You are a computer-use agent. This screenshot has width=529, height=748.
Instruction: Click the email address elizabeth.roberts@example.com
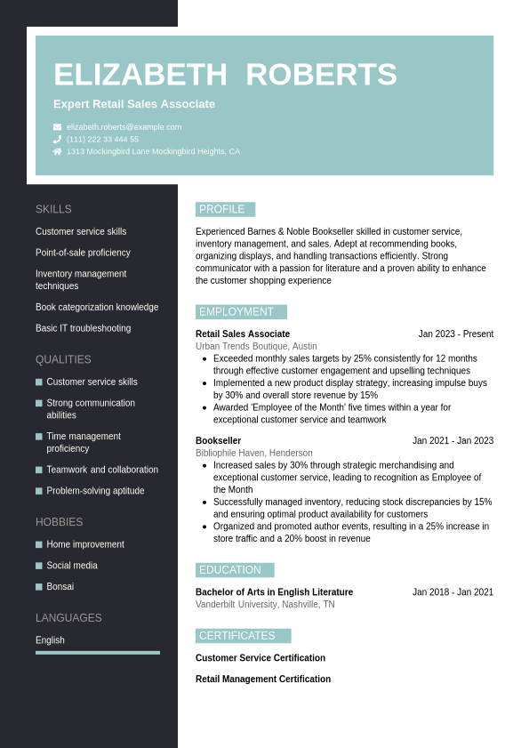click(x=124, y=127)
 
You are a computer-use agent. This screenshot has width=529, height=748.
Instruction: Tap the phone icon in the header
click(x=58, y=140)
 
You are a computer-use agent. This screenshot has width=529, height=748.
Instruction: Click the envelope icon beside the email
click(x=58, y=127)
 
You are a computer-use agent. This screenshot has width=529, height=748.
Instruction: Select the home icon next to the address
click(x=58, y=152)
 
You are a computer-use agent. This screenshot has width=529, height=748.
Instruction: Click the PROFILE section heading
click(x=222, y=210)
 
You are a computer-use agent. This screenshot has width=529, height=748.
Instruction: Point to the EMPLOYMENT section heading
click(x=236, y=312)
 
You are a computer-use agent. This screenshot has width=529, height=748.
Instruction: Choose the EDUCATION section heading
click(x=230, y=570)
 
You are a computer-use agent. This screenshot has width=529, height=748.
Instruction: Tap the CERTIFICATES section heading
click(x=237, y=636)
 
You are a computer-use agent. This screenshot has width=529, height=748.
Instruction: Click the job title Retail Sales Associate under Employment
click(x=243, y=334)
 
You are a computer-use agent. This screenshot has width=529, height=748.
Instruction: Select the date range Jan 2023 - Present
click(x=455, y=334)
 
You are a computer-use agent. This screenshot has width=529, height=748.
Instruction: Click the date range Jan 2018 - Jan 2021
click(x=453, y=592)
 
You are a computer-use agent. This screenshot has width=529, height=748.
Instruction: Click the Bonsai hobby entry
click(x=60, y=587)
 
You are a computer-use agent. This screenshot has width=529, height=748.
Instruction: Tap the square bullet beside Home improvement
click(x=39, y=544)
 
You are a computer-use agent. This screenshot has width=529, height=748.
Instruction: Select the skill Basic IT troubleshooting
click(x=83, y=328)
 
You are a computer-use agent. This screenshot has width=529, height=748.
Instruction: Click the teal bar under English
click(x=98, y=653)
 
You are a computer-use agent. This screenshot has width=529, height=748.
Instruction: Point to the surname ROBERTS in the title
click(x=321, y=75)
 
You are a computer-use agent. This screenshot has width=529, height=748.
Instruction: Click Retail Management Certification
click(x=263, y=680)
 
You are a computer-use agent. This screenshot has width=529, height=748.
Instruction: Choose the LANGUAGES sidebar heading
click(x=68, y=618)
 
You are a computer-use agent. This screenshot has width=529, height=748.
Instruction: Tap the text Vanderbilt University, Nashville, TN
click(x=265, y=605)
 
